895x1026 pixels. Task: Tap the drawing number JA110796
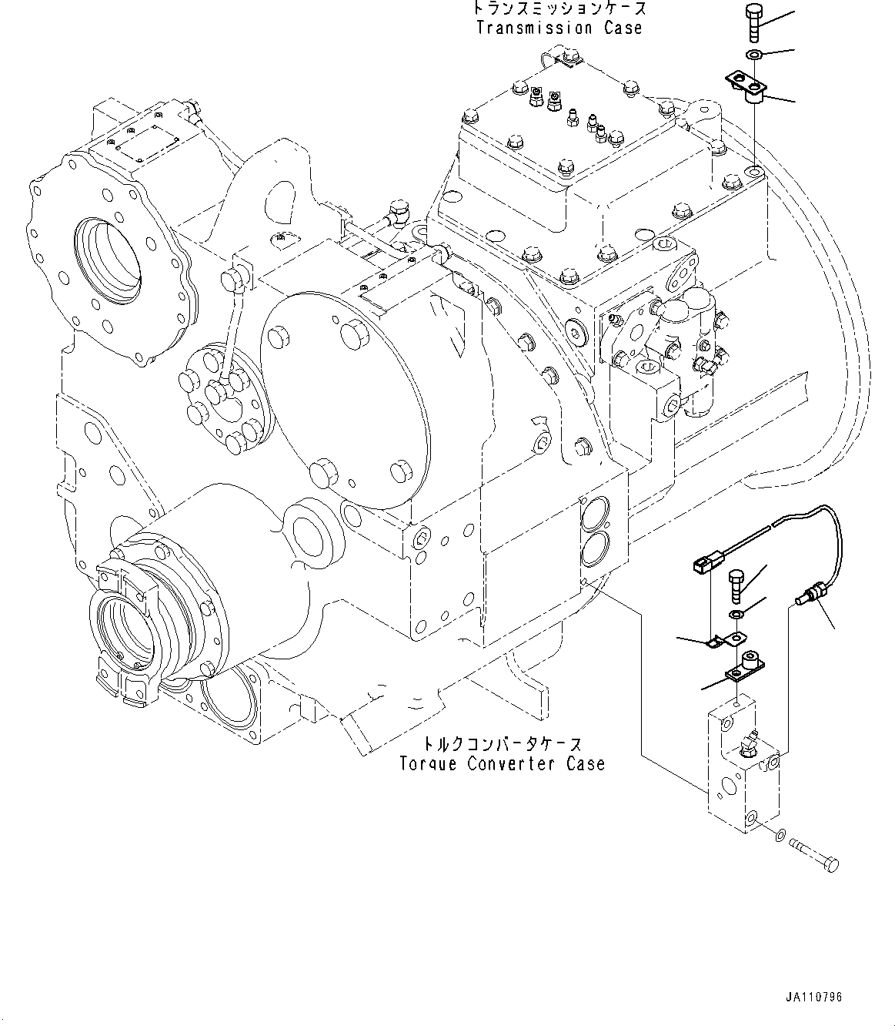[813, 997]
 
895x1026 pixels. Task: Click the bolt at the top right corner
[753, 23]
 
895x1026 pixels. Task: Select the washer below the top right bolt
[753, 54]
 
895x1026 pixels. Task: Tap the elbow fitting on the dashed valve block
[749, 744]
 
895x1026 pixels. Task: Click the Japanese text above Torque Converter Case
[502, 745]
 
